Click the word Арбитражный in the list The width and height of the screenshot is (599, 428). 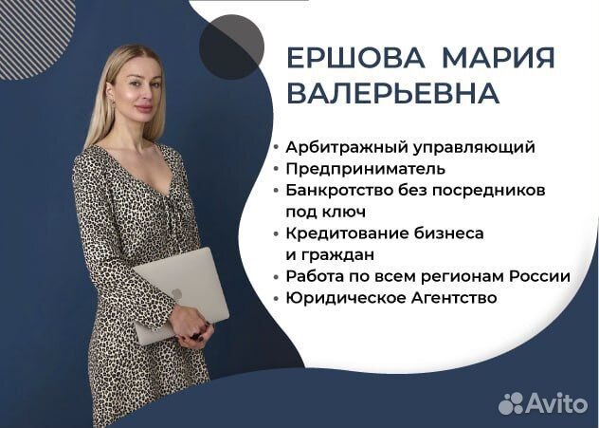tap(339, 147)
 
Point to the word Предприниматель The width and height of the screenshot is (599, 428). tap(365, 169)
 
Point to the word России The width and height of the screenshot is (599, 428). tap(540, 276)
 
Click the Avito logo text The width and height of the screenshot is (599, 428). tap(557, 402)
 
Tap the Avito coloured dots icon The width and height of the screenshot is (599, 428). tap(511, 402)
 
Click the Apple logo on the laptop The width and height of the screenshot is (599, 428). tap(177, 294)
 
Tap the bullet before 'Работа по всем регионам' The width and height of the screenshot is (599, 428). tap(276, 277)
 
